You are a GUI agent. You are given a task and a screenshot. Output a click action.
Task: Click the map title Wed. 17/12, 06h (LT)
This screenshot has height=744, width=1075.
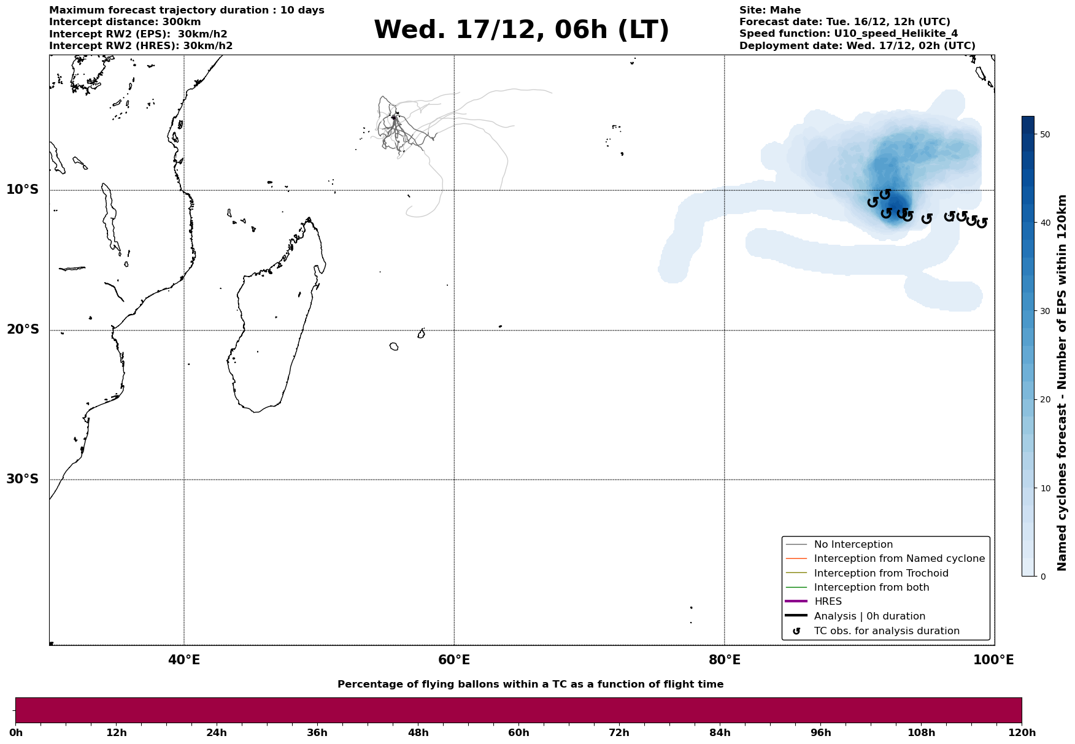(x=521, y=30)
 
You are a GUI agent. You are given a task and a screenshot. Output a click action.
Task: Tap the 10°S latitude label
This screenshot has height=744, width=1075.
(x=23, y=190)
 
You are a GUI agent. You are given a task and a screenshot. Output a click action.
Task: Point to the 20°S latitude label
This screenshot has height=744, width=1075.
(x=23, y=330)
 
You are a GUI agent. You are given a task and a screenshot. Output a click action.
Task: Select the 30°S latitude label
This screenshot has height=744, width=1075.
(x=23, y=479)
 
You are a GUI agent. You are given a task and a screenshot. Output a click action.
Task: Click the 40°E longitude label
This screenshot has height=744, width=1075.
(x=184, y=660)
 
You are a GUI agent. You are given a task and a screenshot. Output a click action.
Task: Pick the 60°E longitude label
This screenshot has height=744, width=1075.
(x=454, y=660)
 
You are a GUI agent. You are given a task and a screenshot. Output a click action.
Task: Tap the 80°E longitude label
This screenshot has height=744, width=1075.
(x=724, y=660)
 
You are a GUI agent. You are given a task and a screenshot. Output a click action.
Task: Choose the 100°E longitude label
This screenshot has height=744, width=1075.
(x=994, y=660)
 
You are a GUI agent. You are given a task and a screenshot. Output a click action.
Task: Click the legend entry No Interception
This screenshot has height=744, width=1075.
(x=853, y=545)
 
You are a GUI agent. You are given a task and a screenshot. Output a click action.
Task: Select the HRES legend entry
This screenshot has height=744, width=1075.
(x=828, y=602)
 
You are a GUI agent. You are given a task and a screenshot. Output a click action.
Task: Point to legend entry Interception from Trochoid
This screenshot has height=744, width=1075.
(x=880, y=573)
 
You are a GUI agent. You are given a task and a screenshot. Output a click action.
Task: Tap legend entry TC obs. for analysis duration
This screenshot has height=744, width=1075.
(x=886, y=631)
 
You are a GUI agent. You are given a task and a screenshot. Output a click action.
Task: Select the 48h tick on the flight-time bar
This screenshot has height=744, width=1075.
(x=418, y=733)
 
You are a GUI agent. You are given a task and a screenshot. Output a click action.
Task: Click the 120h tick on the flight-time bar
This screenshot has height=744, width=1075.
(x=1022, y=733)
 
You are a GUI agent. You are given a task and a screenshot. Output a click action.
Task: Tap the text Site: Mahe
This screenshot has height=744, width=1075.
(x=769, y=10)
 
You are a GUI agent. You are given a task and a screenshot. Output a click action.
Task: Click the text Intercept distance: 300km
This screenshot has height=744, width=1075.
(x=125, y=22)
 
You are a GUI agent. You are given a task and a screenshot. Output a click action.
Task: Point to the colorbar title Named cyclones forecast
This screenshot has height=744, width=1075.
(x=1062, y=383)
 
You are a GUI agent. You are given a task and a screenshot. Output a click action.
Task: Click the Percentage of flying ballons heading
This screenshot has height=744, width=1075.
(x=530, y=685)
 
